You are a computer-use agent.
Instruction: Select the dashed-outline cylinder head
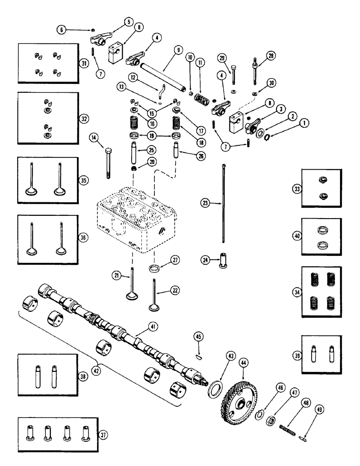[x=138, y=219]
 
